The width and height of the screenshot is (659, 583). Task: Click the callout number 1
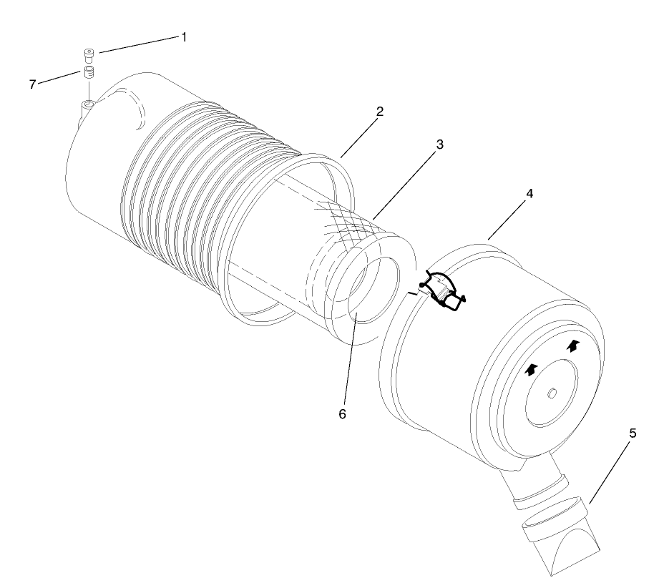pyautogui.click(x=183, y=36)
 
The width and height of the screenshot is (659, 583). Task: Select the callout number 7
pyautogui.click(x=32, y=84)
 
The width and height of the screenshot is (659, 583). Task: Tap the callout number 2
pyautogui.click(x=380, y=112)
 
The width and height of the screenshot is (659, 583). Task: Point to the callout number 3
pyautogui.click(x=439, y=144)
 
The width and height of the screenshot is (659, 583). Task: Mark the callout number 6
pyautogui.click(x=342, y=414)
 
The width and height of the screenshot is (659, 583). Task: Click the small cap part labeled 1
pyautogui.click(x=89, y=53)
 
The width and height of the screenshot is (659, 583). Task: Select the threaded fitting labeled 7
pyautogui.click(x=89, y=72)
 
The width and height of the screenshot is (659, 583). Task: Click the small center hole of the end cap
pyautogui.click(x=554, y=393)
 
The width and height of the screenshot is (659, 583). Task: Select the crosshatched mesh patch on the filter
pyautogui.click(x=347, y=223)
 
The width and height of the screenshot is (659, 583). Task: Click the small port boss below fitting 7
pyautogui.click(x=89, y=106)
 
